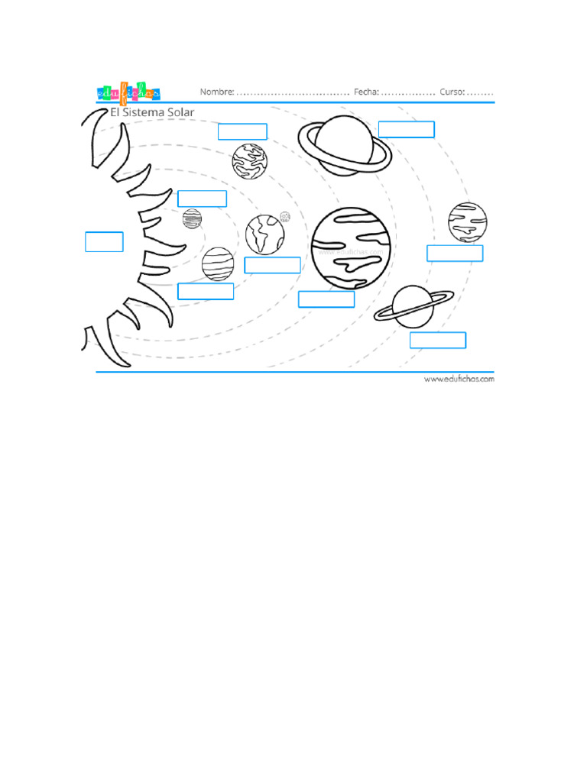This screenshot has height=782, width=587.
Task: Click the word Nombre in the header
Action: (x=217, y=92)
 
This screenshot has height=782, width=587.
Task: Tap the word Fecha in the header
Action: (x=366, y=92)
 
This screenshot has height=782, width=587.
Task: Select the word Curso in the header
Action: (x=452, y=92)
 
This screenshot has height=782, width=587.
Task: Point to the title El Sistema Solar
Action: (x=152, y=112)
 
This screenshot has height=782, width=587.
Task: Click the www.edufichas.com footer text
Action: (x=459, y=378)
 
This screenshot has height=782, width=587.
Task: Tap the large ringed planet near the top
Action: (x=344, y=144)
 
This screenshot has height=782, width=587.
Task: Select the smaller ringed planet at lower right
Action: (x=413, y=307)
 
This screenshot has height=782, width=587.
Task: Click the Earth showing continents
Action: (x=264, y=234)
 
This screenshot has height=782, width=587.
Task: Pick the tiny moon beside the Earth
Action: (x=285, y=217)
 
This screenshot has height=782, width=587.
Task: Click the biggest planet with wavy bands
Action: (x=351, y=248)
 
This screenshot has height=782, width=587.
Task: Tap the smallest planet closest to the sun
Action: (x=192, y=218)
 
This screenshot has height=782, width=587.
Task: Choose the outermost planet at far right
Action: (x=467, y=221)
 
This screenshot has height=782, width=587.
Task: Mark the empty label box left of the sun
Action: (x=104, y=241)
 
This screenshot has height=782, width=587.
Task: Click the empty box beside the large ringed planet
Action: (x=406, y=129)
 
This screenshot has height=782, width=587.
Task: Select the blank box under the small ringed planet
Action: (x=437, y=340)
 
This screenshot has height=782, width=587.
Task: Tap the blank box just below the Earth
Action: (x=272, y=265)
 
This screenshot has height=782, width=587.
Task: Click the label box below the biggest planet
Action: (x=326, y=299)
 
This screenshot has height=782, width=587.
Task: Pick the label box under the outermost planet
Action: (x=455, y=254)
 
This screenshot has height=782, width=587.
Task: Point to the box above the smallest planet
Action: (x=202, y=199)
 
